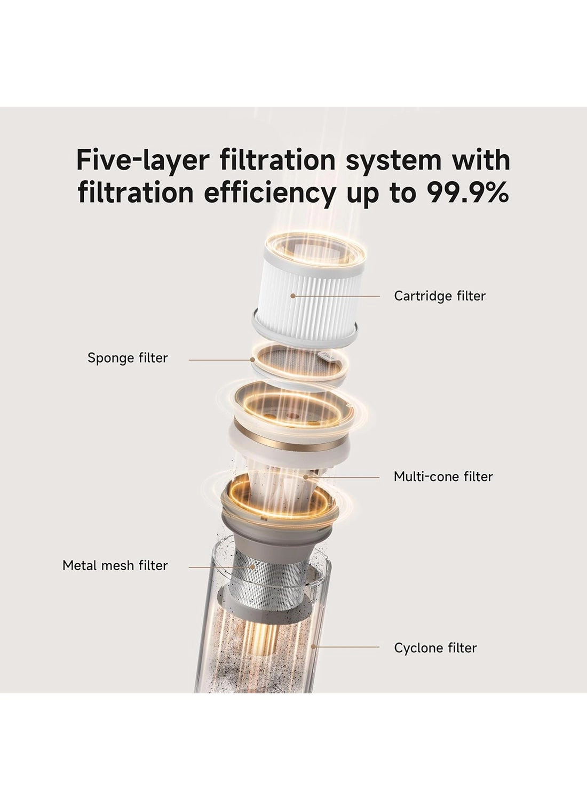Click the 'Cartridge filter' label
point(440,296)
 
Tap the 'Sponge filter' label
point(128,358)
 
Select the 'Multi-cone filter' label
point(443,476)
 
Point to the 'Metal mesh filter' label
point(115,565)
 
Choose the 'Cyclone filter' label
point(435,648)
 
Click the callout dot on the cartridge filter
point(293,296)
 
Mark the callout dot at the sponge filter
point(252,360)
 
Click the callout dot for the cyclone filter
point(313,647)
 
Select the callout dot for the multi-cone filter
point(305,477)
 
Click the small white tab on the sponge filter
point(327,356)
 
